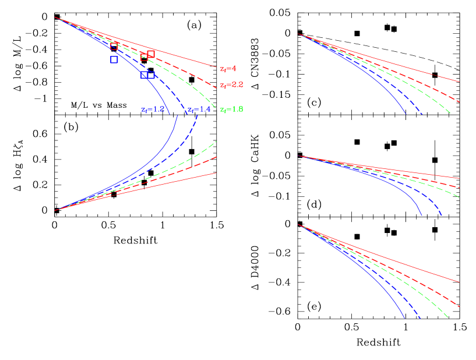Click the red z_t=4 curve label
228,68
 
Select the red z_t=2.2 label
231,85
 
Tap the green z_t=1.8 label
231,110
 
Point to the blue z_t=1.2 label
153,110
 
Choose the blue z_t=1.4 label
199,110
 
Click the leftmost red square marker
114,46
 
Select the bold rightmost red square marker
151,54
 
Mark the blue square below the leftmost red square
114,59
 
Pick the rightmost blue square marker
151,75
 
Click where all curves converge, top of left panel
55,17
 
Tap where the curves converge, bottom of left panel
55,210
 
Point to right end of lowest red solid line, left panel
217,172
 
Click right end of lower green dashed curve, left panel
217,141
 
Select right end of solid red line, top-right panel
460,82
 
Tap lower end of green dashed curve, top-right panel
450,113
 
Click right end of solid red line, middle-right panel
460,178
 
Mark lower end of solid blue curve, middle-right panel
422,216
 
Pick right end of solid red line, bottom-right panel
460,283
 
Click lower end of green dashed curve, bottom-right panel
448,319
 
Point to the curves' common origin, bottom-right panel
298,225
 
